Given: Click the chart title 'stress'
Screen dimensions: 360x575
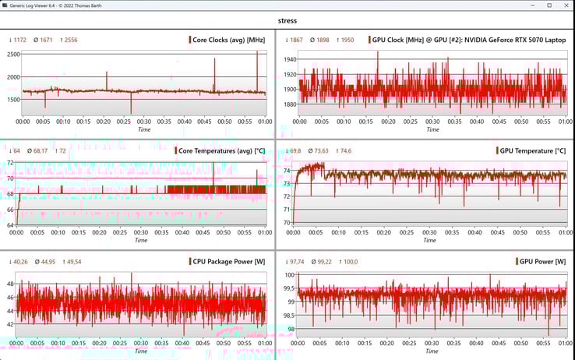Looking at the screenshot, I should pyautogui.click(x=287, y=21).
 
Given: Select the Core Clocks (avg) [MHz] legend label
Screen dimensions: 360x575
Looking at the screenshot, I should pyautogui.click(x=229, y=40).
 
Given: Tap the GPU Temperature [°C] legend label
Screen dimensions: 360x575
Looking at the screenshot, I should pyautogui.click(x=533, y=150).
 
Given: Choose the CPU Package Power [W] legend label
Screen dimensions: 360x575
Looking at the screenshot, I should pyautogui.click(x=229, y=261).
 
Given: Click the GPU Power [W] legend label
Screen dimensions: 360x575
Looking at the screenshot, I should pyautogui.click(x=542, y=261).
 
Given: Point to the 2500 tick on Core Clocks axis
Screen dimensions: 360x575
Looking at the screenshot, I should pyautogui.click(x=13, y=55).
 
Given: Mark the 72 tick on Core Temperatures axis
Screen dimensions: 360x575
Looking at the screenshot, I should pyautogui.click(x=9, y=163).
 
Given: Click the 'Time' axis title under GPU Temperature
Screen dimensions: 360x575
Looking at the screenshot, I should pyautogui.click(x=429, y=240).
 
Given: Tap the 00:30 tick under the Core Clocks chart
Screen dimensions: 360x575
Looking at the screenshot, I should pyautogui.click(x=144, y=121).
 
